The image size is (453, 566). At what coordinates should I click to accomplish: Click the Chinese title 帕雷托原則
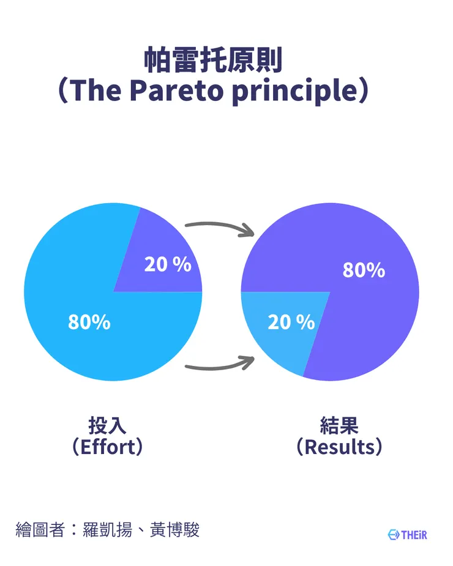tap(213, 60)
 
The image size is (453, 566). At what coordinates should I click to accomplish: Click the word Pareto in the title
tap(177, 90)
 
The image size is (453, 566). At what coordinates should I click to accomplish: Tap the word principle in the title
tap(295, 91)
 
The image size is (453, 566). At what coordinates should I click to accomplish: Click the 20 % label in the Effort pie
tap(168, 264)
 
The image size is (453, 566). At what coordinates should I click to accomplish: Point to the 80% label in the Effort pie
tap(89, 322)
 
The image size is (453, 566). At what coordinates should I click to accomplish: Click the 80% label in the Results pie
tap(364, 270)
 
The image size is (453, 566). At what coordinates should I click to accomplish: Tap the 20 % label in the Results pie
tap(291, 322)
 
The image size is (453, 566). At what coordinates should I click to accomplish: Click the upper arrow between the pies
tap(219, 226)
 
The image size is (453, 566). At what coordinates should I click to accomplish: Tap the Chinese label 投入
tap(107, 426)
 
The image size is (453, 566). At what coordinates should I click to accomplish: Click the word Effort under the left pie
tap(108, 447)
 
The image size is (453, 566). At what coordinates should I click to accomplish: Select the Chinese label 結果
tap(339, 426)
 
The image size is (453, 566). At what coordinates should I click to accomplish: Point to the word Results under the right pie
tap(339, 447)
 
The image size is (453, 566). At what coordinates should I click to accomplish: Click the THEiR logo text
tap(414, 535)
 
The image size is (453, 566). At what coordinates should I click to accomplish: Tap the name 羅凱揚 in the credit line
tap(107, 530)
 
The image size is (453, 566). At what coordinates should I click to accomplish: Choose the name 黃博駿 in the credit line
tap(174, 530)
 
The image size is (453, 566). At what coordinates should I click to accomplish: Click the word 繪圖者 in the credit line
tap(40, 530)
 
